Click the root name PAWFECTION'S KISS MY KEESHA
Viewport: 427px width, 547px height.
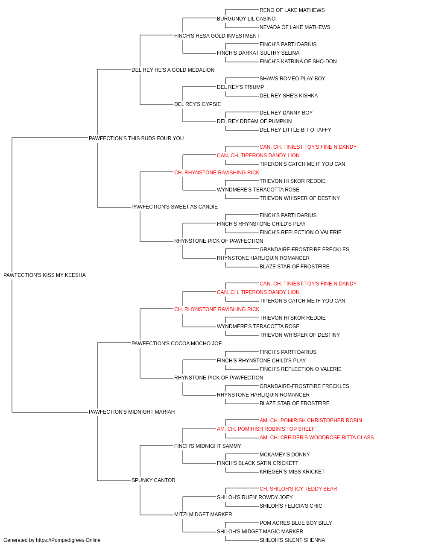[x=44, y=275]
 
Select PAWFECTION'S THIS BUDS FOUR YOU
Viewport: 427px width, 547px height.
[x=136, y=138]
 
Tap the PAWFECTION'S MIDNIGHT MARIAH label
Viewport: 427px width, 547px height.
[x=132, y=412]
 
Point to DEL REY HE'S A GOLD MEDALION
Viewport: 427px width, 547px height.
[x=173, y=70]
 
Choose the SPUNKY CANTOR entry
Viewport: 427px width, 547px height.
[x=153, y=480]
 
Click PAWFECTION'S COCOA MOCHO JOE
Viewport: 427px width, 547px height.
[x=176, y=343]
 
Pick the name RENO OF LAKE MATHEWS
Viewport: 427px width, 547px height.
[x=292, y=10]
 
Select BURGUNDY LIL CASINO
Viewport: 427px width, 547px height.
[x=246, y=19]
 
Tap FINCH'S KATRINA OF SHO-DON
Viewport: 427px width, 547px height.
[x=298, y=62]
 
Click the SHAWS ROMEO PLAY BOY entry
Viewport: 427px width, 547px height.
[x=292, y=79]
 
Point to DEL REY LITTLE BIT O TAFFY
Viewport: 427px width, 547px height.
[x=295, y=130]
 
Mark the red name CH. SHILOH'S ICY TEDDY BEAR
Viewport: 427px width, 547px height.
[x=298, y=489]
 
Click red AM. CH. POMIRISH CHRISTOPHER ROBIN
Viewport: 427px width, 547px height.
[x=310, y=421]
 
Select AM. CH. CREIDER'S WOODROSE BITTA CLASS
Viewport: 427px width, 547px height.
[x=316, y=438]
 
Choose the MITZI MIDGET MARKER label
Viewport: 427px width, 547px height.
[x=203, y=515]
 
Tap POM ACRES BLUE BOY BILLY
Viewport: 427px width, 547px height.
[x=295, y=523]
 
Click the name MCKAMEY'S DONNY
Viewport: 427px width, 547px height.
[x=284, y=455]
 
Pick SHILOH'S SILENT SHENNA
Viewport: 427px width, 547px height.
[x=292, y=540]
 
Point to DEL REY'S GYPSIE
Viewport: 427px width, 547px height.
[x=197, y=104]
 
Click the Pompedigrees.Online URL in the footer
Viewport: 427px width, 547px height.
[x=68, y=540]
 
